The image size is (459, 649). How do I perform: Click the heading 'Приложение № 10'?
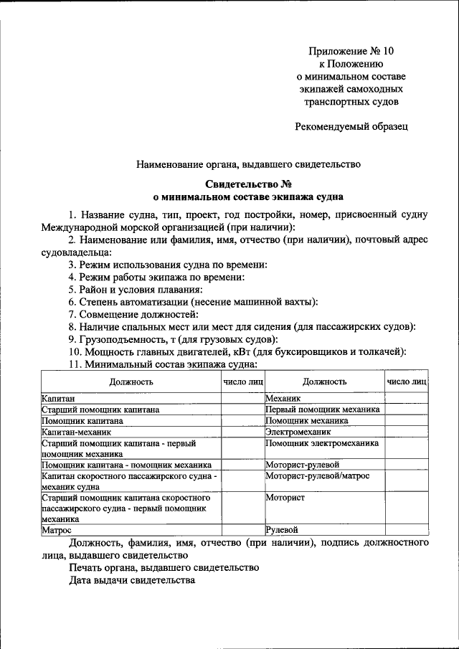coord(351,51)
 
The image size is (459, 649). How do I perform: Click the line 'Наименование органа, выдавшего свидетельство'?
coord(248,164)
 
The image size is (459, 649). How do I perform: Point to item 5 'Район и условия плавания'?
coord(136,290)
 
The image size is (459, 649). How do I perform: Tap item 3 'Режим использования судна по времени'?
coord(168,265)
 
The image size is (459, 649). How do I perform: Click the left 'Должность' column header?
coord(132,382)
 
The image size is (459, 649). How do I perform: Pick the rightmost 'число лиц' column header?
coord(407,382)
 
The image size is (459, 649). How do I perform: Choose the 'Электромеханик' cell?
coord(298,433)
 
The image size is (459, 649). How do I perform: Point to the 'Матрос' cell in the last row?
coord(56,530)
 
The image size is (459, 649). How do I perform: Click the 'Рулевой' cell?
coord(282,530)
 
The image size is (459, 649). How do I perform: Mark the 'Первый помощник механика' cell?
coord(323,409)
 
